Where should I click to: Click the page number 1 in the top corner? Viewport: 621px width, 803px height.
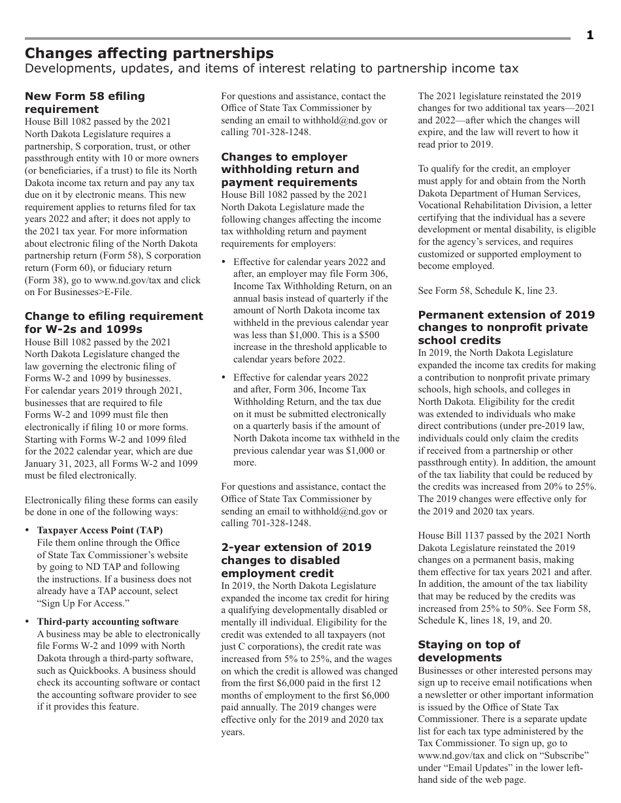(x=590, y=35)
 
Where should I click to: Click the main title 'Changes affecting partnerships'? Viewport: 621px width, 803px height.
(x=149, y=53)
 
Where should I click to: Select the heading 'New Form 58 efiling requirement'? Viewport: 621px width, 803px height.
(x=85, y=102)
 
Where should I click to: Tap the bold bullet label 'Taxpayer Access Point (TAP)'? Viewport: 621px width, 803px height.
(x=99, y=530)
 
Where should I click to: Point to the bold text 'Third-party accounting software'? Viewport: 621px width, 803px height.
(x=107, y=622)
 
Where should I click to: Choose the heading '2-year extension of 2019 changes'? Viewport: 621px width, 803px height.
(x=296, y=560)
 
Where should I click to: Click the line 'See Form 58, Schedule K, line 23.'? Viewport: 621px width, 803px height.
(x=488, y=291)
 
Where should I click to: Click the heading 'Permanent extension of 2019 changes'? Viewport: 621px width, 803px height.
(x=506, y=327)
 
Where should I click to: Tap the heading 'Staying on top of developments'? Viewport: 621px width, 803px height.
(x=469, y=651)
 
